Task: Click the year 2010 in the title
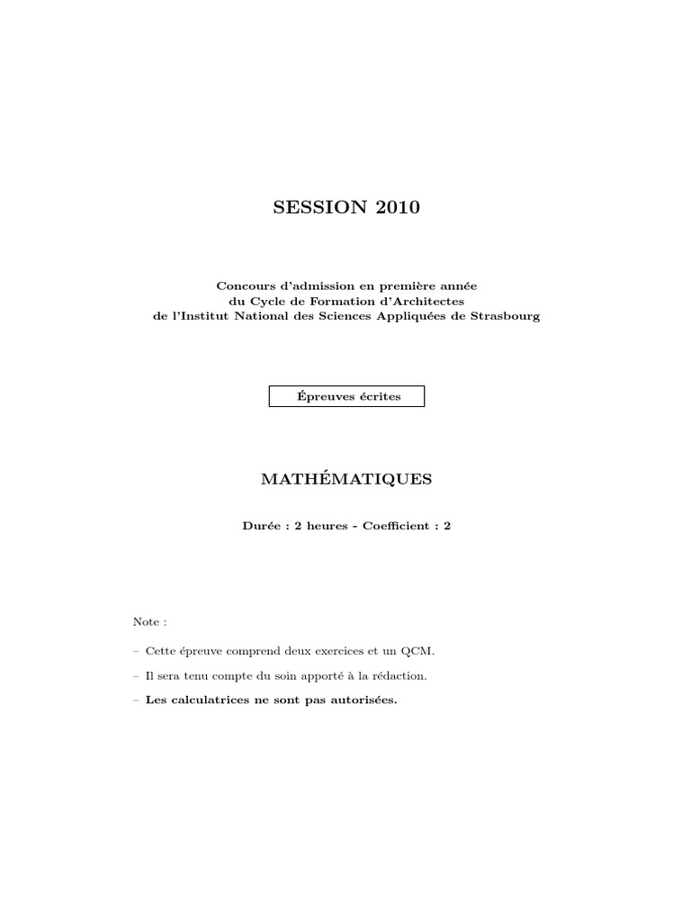click(396, 208)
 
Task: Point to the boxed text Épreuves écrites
click(346, 396)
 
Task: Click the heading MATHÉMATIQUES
click(346, 480)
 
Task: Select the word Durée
click(260, 525)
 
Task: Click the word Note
click(145, 621)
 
